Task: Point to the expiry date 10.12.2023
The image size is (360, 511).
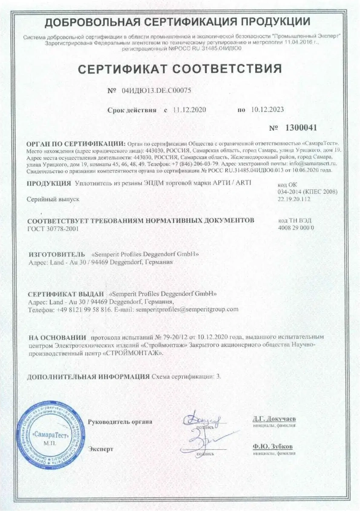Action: (x=267, y=110)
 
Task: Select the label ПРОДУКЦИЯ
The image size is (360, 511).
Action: (x=49, y=184)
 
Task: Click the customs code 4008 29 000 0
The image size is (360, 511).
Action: (x=296, y=228)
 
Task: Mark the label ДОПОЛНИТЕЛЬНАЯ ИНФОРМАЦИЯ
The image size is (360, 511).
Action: (x=88, y=377)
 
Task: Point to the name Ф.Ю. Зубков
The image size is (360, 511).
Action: (x=272, y=447)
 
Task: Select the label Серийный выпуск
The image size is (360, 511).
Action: (x=53, y=198)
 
